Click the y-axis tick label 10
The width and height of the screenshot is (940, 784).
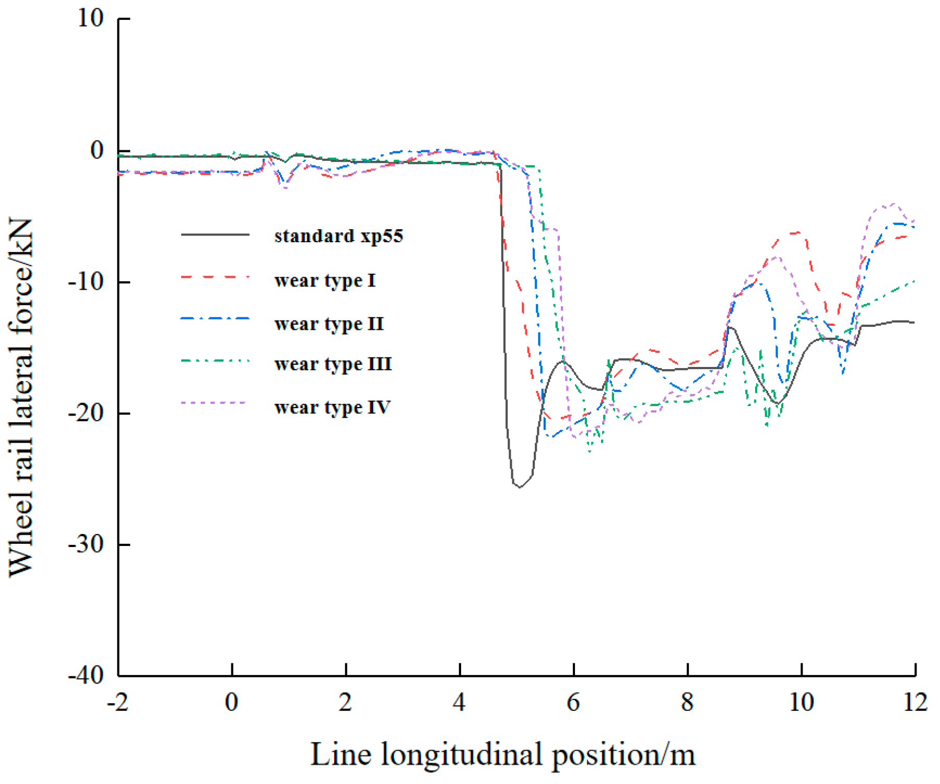coord(90,19)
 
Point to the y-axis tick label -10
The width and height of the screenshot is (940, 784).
coord(86,282)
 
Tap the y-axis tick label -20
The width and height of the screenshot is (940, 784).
coord(86,413)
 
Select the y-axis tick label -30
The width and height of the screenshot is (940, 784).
coord(86,544)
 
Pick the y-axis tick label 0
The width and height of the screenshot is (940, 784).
coord(97,150)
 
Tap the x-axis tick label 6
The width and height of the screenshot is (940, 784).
coord(573,703)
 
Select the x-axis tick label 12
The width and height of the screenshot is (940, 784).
coord(915,703)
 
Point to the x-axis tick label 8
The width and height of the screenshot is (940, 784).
coord(687,703)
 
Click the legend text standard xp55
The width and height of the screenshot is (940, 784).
coord(338,236)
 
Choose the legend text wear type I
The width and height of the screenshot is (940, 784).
coord(324,281)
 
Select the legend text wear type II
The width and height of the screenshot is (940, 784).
coord(328,324)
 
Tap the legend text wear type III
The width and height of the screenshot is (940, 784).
coord(333,364)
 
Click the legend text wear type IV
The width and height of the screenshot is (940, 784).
coord(332,407)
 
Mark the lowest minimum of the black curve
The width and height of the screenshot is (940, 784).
coord(520,488)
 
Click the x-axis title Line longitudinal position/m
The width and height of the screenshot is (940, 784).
coord(502,755)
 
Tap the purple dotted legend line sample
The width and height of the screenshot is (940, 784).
coord(215,403)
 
